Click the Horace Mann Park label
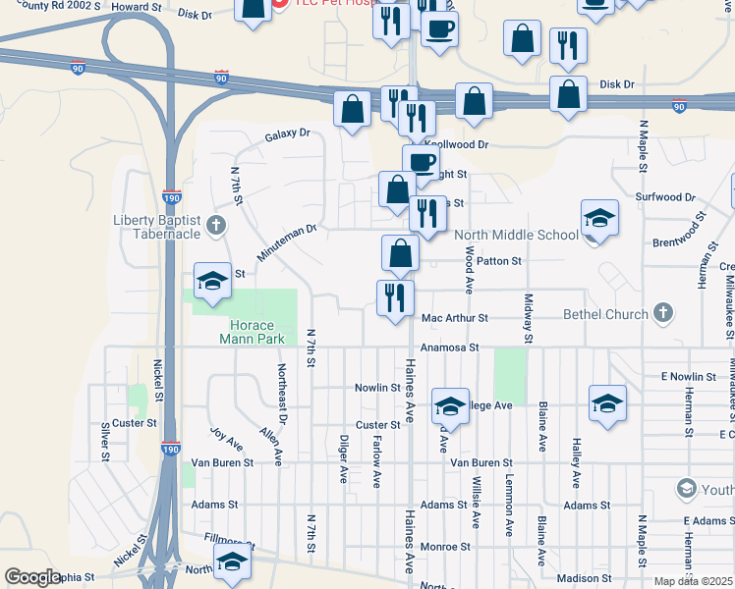(256, 332)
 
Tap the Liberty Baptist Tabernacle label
(158, 226)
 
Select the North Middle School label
(516, 235)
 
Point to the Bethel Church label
(605, 314)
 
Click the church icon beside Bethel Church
(663, 314)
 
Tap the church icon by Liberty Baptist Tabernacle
(217, 227)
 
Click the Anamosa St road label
(449, 348)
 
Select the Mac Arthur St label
(454, 318)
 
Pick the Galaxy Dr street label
(287, 134)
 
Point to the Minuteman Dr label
(286, 242)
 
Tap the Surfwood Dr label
(665, 197)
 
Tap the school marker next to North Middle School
(599, 219)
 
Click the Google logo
(33, 577)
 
